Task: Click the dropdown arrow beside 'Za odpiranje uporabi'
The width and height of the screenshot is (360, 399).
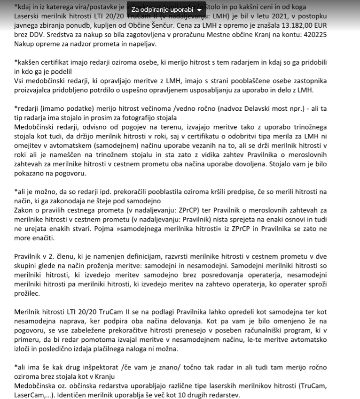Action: [x=199, y=9]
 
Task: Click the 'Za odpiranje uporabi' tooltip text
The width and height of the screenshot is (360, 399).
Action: [x=162, y=9]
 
